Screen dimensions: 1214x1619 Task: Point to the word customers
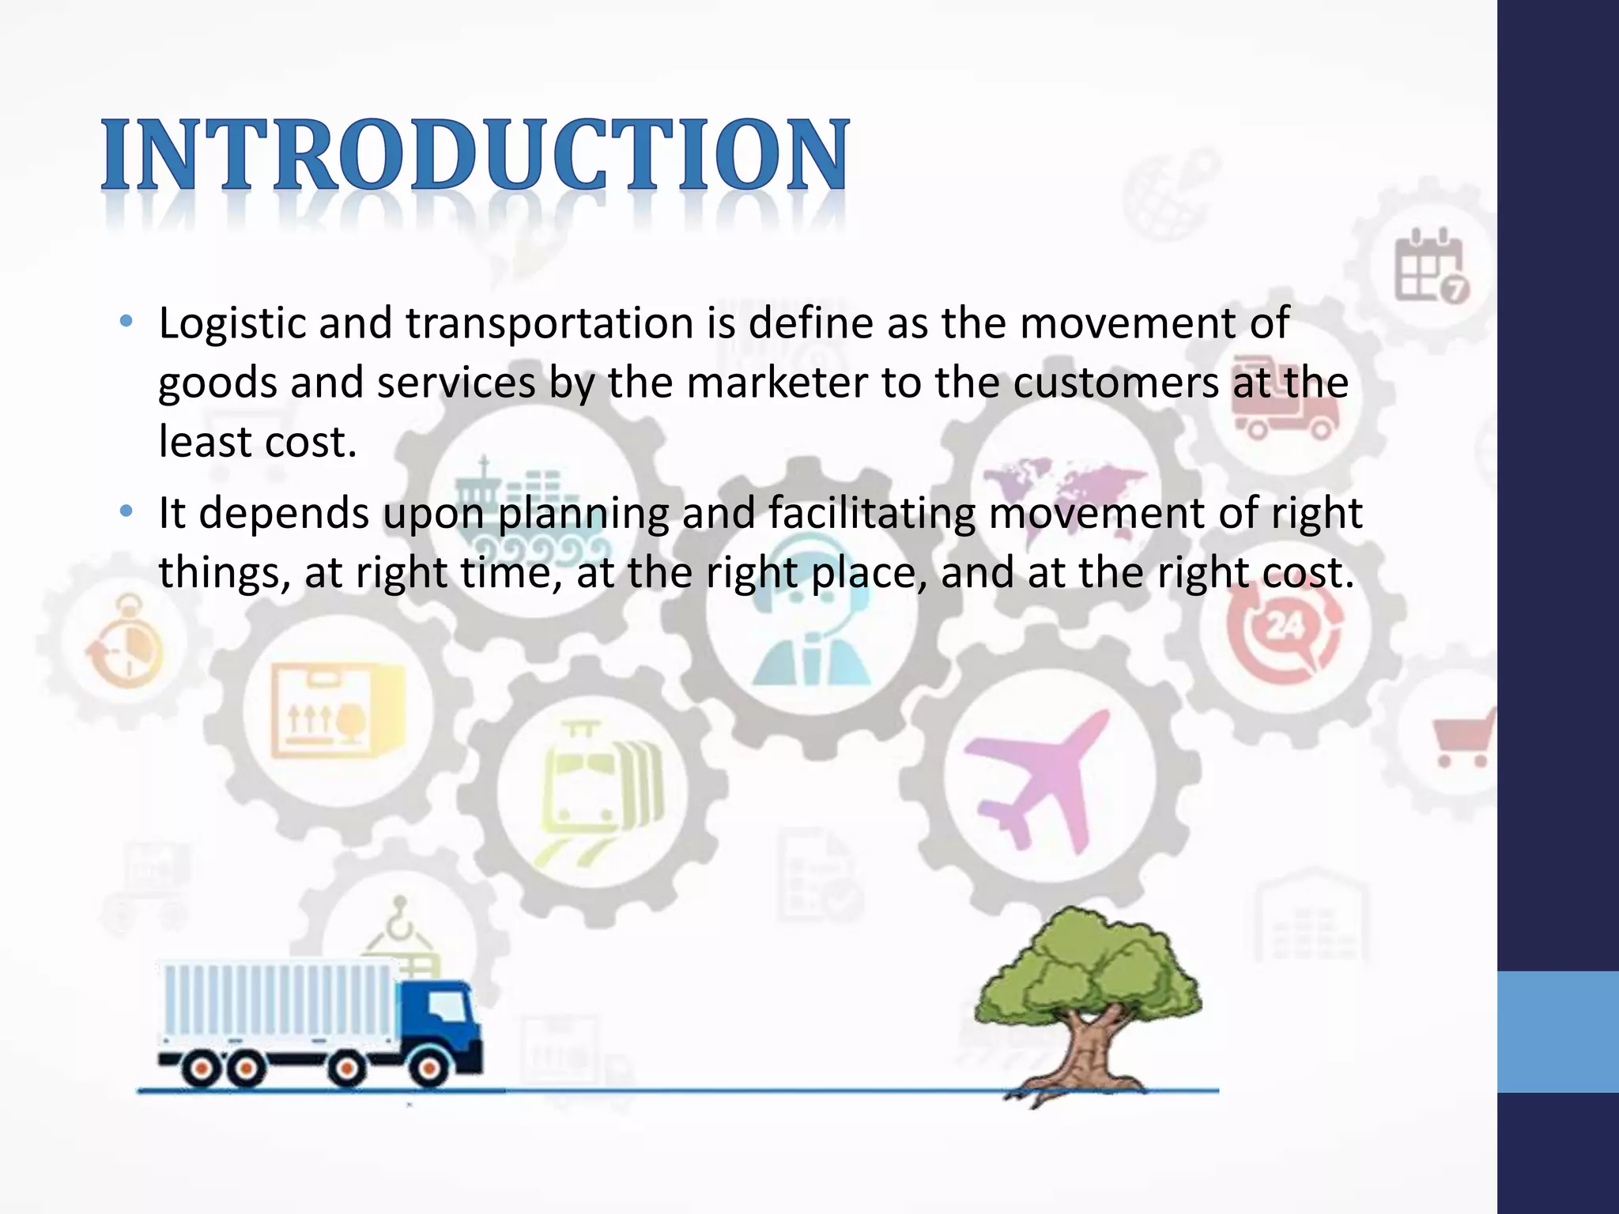1115,383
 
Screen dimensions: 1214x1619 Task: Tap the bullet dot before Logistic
125,322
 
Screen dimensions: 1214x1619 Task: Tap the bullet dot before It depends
125,512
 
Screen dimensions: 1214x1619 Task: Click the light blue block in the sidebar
1558,1031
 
